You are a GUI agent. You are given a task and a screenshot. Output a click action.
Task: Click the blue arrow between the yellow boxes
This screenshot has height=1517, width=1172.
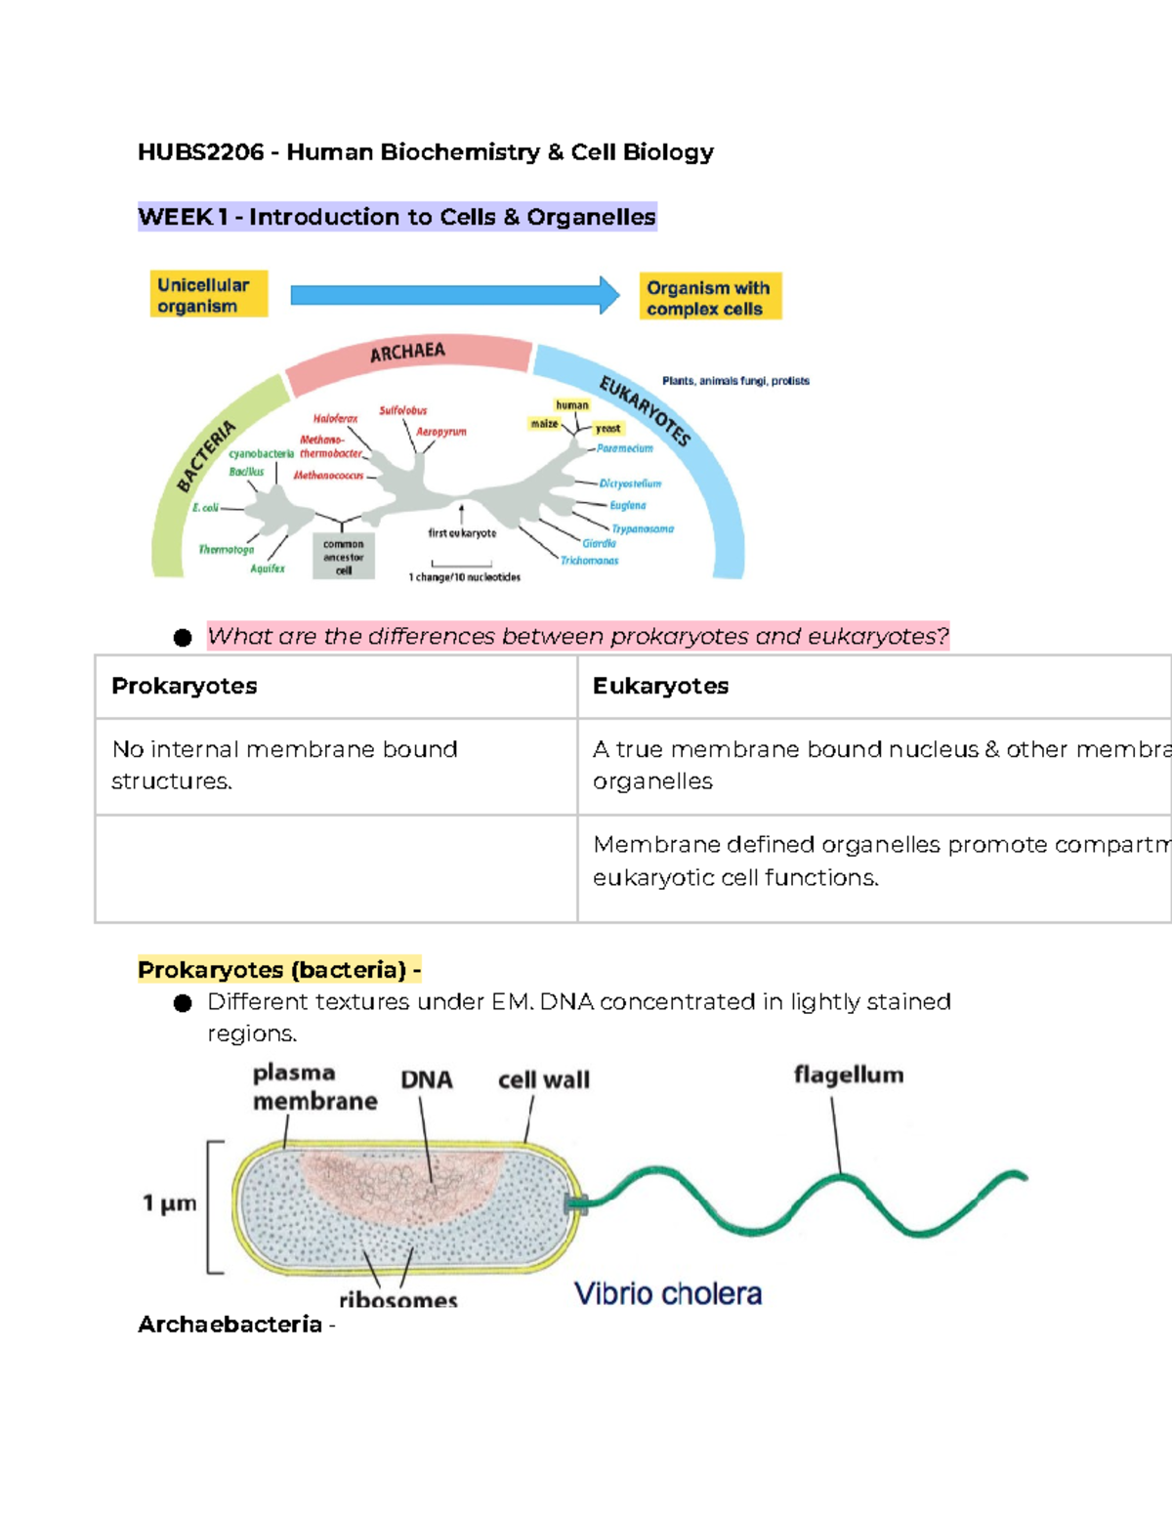click(x=454, y=295)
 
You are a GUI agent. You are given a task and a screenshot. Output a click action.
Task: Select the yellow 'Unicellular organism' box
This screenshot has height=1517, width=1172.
click(x=208, y=295)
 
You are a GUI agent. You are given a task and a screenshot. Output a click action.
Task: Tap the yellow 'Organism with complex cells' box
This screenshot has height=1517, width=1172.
click(x=710, y=297)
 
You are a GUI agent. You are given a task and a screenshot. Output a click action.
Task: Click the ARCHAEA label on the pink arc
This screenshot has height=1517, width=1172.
click(x=407, y=353)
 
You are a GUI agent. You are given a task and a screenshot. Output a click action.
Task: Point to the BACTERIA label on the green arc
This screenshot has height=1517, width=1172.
click(x=206, y=455)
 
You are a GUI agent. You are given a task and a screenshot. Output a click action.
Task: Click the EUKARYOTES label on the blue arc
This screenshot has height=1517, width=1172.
click(x=645, y=410)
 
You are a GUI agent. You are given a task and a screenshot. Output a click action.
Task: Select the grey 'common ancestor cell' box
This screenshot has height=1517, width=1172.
click(x=343, y=557)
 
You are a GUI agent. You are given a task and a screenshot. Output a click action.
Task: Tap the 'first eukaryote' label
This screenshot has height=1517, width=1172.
click(x=462, y=533)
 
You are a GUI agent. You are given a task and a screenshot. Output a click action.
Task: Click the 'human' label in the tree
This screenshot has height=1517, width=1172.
click(x=572, y=404)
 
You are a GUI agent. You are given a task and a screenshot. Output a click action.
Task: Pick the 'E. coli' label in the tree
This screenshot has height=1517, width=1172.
click(x=205, y=508)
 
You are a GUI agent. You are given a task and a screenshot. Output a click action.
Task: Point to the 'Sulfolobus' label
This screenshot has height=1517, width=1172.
click(x=402, y=410)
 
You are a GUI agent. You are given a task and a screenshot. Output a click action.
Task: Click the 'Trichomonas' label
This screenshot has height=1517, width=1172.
click(x=589, y=561)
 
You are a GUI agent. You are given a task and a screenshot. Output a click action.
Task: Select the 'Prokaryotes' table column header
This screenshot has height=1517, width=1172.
click(x=185, y=686)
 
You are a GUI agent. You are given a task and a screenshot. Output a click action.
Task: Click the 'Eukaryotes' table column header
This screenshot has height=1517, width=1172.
click(x=660, y=686)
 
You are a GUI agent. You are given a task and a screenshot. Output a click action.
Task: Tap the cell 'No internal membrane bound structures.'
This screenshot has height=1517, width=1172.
click(x=284, y=765)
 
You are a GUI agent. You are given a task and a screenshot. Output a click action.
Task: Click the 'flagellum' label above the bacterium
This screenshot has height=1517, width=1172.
click(x=848, y=1075)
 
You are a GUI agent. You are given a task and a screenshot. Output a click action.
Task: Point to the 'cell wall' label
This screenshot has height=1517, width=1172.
click(x=543, y=1080)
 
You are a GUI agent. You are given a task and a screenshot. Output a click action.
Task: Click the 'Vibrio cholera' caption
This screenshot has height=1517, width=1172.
click(x=667, y=1294)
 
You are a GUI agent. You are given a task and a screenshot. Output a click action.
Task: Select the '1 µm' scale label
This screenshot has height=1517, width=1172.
click(x=170, y=1203)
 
